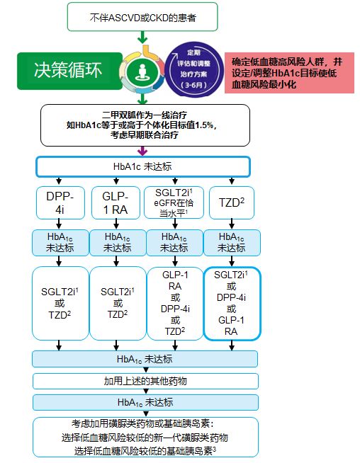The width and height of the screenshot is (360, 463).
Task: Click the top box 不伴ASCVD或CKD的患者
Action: [x=142, y=17]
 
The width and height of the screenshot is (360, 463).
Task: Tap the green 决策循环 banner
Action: [x=69, y=71]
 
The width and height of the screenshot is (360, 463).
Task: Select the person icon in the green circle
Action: [x=142, y=72]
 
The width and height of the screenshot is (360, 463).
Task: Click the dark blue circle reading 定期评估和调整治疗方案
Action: [x=194, y=69]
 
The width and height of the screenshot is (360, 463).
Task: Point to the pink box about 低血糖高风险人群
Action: [x=289, y=73]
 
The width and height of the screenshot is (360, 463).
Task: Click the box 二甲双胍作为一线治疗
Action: [x=145, y=125]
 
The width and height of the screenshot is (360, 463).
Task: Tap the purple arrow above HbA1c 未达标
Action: [x=142, y=151]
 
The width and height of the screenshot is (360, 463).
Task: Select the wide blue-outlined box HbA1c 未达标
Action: [x=143, y=166]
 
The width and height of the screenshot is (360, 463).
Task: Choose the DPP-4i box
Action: [x=60, y=203]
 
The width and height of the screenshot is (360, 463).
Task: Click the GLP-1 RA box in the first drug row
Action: [x=116, y=203]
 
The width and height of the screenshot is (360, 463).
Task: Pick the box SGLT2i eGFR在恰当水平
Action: [x=174, y=203]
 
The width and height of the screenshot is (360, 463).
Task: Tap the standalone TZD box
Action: [x=232, y=203]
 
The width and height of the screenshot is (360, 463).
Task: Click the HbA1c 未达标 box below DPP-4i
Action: [x=60, y=243]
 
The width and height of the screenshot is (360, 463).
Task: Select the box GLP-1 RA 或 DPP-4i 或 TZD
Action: [x=175, y=303]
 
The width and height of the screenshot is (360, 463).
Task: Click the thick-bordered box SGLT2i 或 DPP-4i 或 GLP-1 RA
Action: [x=232, y=303]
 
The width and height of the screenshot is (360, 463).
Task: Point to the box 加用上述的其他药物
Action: [x=145, y=381]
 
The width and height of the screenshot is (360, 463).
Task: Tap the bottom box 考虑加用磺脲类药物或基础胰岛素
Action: [x=145, y=437]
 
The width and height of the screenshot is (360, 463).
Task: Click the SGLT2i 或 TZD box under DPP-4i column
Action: [x=60, y=303]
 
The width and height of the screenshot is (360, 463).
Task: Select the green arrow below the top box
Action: [x=142, y=38]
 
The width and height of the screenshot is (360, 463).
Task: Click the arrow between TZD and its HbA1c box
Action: [x=232, y=224]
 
